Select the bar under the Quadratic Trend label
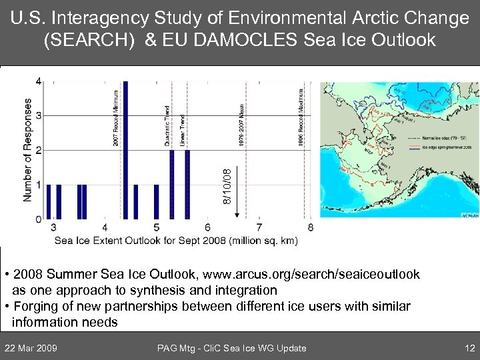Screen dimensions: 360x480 (x=172, y=184)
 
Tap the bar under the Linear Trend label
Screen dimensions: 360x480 (x=187, y=184)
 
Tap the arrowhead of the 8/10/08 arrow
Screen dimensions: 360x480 (x=237, y=216)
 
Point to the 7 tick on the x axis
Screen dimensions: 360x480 (x=259, y=227)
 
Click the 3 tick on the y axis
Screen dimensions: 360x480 (x=38, y=116)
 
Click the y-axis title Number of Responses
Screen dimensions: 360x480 (x=27, y=150)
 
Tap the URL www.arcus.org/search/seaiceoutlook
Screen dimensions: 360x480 (x=312, y=274)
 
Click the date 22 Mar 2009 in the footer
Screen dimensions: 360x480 (x=31, y=347)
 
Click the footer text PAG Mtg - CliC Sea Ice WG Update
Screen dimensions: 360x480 (x=231, y=347)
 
